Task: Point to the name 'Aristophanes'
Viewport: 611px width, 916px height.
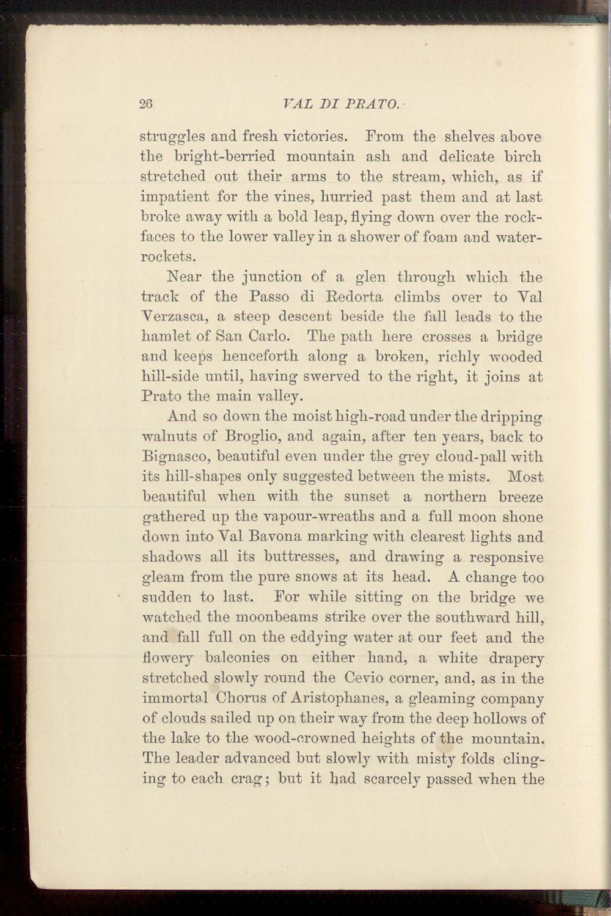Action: pos(340,698)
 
